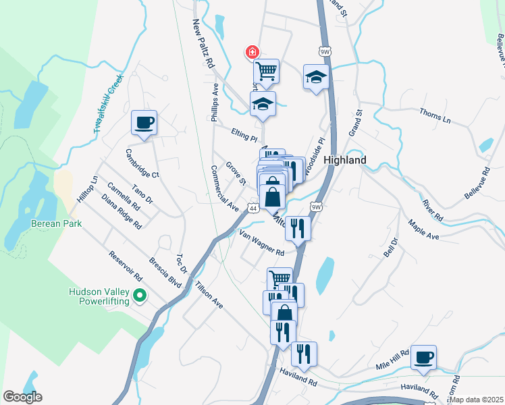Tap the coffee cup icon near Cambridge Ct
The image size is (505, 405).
pyautogui.click(x=144, y=123)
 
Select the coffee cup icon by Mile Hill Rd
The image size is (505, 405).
pyautogui.click(x=424, y=357)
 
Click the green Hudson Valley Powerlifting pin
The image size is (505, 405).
pyautogui.click(x=140, y=295)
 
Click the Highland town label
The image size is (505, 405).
pyautogui.click(x=345, y=160)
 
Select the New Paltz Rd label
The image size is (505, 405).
pyautogui.click(x=203, y=44)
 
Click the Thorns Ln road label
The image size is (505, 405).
pyautogui.click(x=435, y=115)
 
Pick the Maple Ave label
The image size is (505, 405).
pyautogui.click(x=424, y=230)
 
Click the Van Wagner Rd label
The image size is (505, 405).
pyautogui.click(x=262, y=242)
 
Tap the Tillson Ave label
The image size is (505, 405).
pyautogui.click(x=208, y=294)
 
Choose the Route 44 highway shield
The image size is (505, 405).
pyautogui.click(x=252, y=209)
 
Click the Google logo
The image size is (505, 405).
pyautogui.click(x=22, y=397)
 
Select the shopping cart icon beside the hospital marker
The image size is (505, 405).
pyautogui.click(x=266, y=70)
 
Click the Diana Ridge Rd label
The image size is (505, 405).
pyautogui.click(x=122, y=212)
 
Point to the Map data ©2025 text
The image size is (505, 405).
pyautogui.click(x=476, y=400)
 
